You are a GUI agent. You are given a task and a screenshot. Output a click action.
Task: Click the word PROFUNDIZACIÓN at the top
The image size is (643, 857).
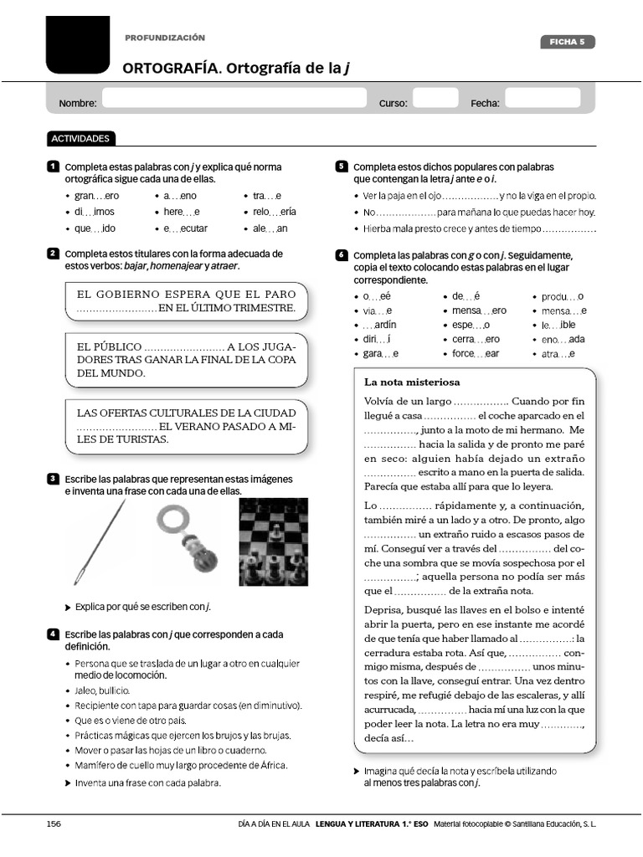pos(165,38)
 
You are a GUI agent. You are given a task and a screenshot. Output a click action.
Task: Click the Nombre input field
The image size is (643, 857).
pos(234,100)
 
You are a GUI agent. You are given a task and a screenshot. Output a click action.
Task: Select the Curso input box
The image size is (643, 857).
pos(435,100)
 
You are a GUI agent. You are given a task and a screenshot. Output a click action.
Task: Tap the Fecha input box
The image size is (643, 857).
pos(543,100)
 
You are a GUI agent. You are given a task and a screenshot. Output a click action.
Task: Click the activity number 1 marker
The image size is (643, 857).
pos(53,167)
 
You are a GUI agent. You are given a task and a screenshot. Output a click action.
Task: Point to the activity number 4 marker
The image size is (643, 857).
pos(53,634)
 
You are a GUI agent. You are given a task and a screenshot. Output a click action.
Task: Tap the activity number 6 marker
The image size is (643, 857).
pos(342,254)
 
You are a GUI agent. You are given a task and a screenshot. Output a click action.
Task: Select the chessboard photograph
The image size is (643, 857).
pos(273,541)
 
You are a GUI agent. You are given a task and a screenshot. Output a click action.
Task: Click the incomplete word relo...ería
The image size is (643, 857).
pos(275,212)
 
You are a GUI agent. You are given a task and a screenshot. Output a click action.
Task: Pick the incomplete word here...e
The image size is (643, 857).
pos(182,212)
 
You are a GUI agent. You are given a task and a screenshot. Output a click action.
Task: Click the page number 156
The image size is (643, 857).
pos(54,824)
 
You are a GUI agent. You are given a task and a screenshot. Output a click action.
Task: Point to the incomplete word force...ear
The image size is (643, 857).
pos(476,354)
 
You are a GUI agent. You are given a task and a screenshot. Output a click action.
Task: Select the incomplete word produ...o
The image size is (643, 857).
pos(563,296)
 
